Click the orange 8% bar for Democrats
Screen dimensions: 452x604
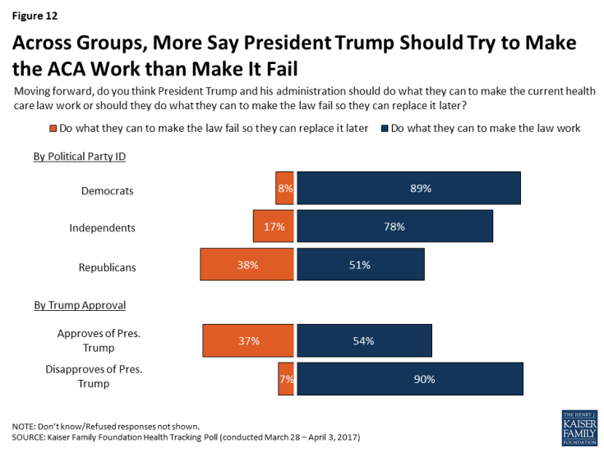click(x=284, y=188)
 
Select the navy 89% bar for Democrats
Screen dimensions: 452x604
click(x=408, y=188)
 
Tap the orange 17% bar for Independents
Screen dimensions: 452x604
click(x=274, y=226)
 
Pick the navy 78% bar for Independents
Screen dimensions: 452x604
click(x=394, y=226)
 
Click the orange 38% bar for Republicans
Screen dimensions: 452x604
click(x=247, y=265)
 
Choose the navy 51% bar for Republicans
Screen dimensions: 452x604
click(x=360, y=265)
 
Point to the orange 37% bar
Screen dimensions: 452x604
click(x=248, y=340)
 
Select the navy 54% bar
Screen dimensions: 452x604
click(x=364, y=340)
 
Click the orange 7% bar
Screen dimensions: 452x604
click(x=286, y=378)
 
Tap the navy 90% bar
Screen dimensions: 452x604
click(x=409, y=378)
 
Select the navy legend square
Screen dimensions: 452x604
click(x=385, y=128)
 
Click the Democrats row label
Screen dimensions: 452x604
click(x=107, y=190)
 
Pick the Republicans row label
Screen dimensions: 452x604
click(x=107, y=267)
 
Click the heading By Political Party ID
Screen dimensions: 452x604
click(x=80, y=156)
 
